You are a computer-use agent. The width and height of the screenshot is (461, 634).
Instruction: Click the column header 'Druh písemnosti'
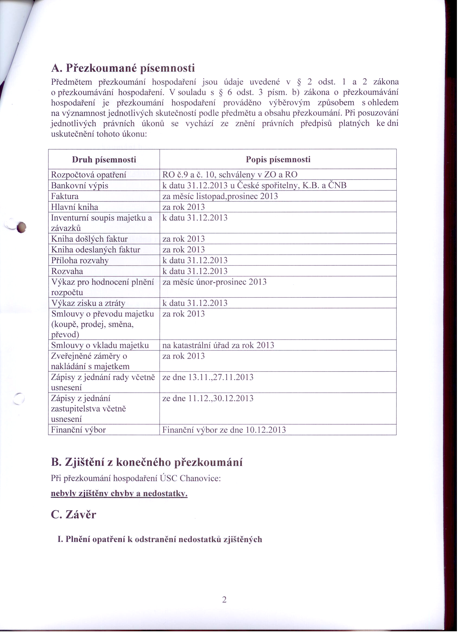(104, 160)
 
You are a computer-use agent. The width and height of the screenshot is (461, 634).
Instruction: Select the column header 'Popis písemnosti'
(278, 160)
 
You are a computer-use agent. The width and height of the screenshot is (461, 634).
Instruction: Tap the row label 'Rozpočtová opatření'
(88, 175)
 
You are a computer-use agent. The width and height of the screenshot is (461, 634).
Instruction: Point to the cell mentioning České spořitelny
(254, 185)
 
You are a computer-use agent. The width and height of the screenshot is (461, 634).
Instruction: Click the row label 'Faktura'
(65, 196)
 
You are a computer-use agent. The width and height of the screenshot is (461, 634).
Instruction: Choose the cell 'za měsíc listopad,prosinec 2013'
(220, 196)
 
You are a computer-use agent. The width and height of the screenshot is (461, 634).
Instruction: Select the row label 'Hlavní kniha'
(75, 207)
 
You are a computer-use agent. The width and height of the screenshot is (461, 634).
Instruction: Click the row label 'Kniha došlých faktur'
(90, 239)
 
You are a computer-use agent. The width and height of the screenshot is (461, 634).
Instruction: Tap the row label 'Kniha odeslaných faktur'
(96, 250)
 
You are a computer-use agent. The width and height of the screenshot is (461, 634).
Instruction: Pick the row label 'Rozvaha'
(67, 271)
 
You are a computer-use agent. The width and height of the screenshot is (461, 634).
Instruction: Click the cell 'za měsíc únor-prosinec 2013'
(214, 282)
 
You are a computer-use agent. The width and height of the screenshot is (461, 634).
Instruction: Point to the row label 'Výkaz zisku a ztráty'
(88, 303)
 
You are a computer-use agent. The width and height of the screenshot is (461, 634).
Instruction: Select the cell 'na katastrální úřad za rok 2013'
(218, 345)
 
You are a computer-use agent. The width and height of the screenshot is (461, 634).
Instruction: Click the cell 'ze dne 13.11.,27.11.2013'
(208, 377)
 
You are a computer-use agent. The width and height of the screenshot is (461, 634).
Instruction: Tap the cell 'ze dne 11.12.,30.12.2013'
(208, 398)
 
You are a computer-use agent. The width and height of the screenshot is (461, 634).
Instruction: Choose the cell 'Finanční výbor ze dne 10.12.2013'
(224, 430)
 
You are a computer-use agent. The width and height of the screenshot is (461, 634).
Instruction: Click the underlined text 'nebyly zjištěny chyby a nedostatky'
(119, 494)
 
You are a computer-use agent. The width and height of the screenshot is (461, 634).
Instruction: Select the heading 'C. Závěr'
(74, 515)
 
